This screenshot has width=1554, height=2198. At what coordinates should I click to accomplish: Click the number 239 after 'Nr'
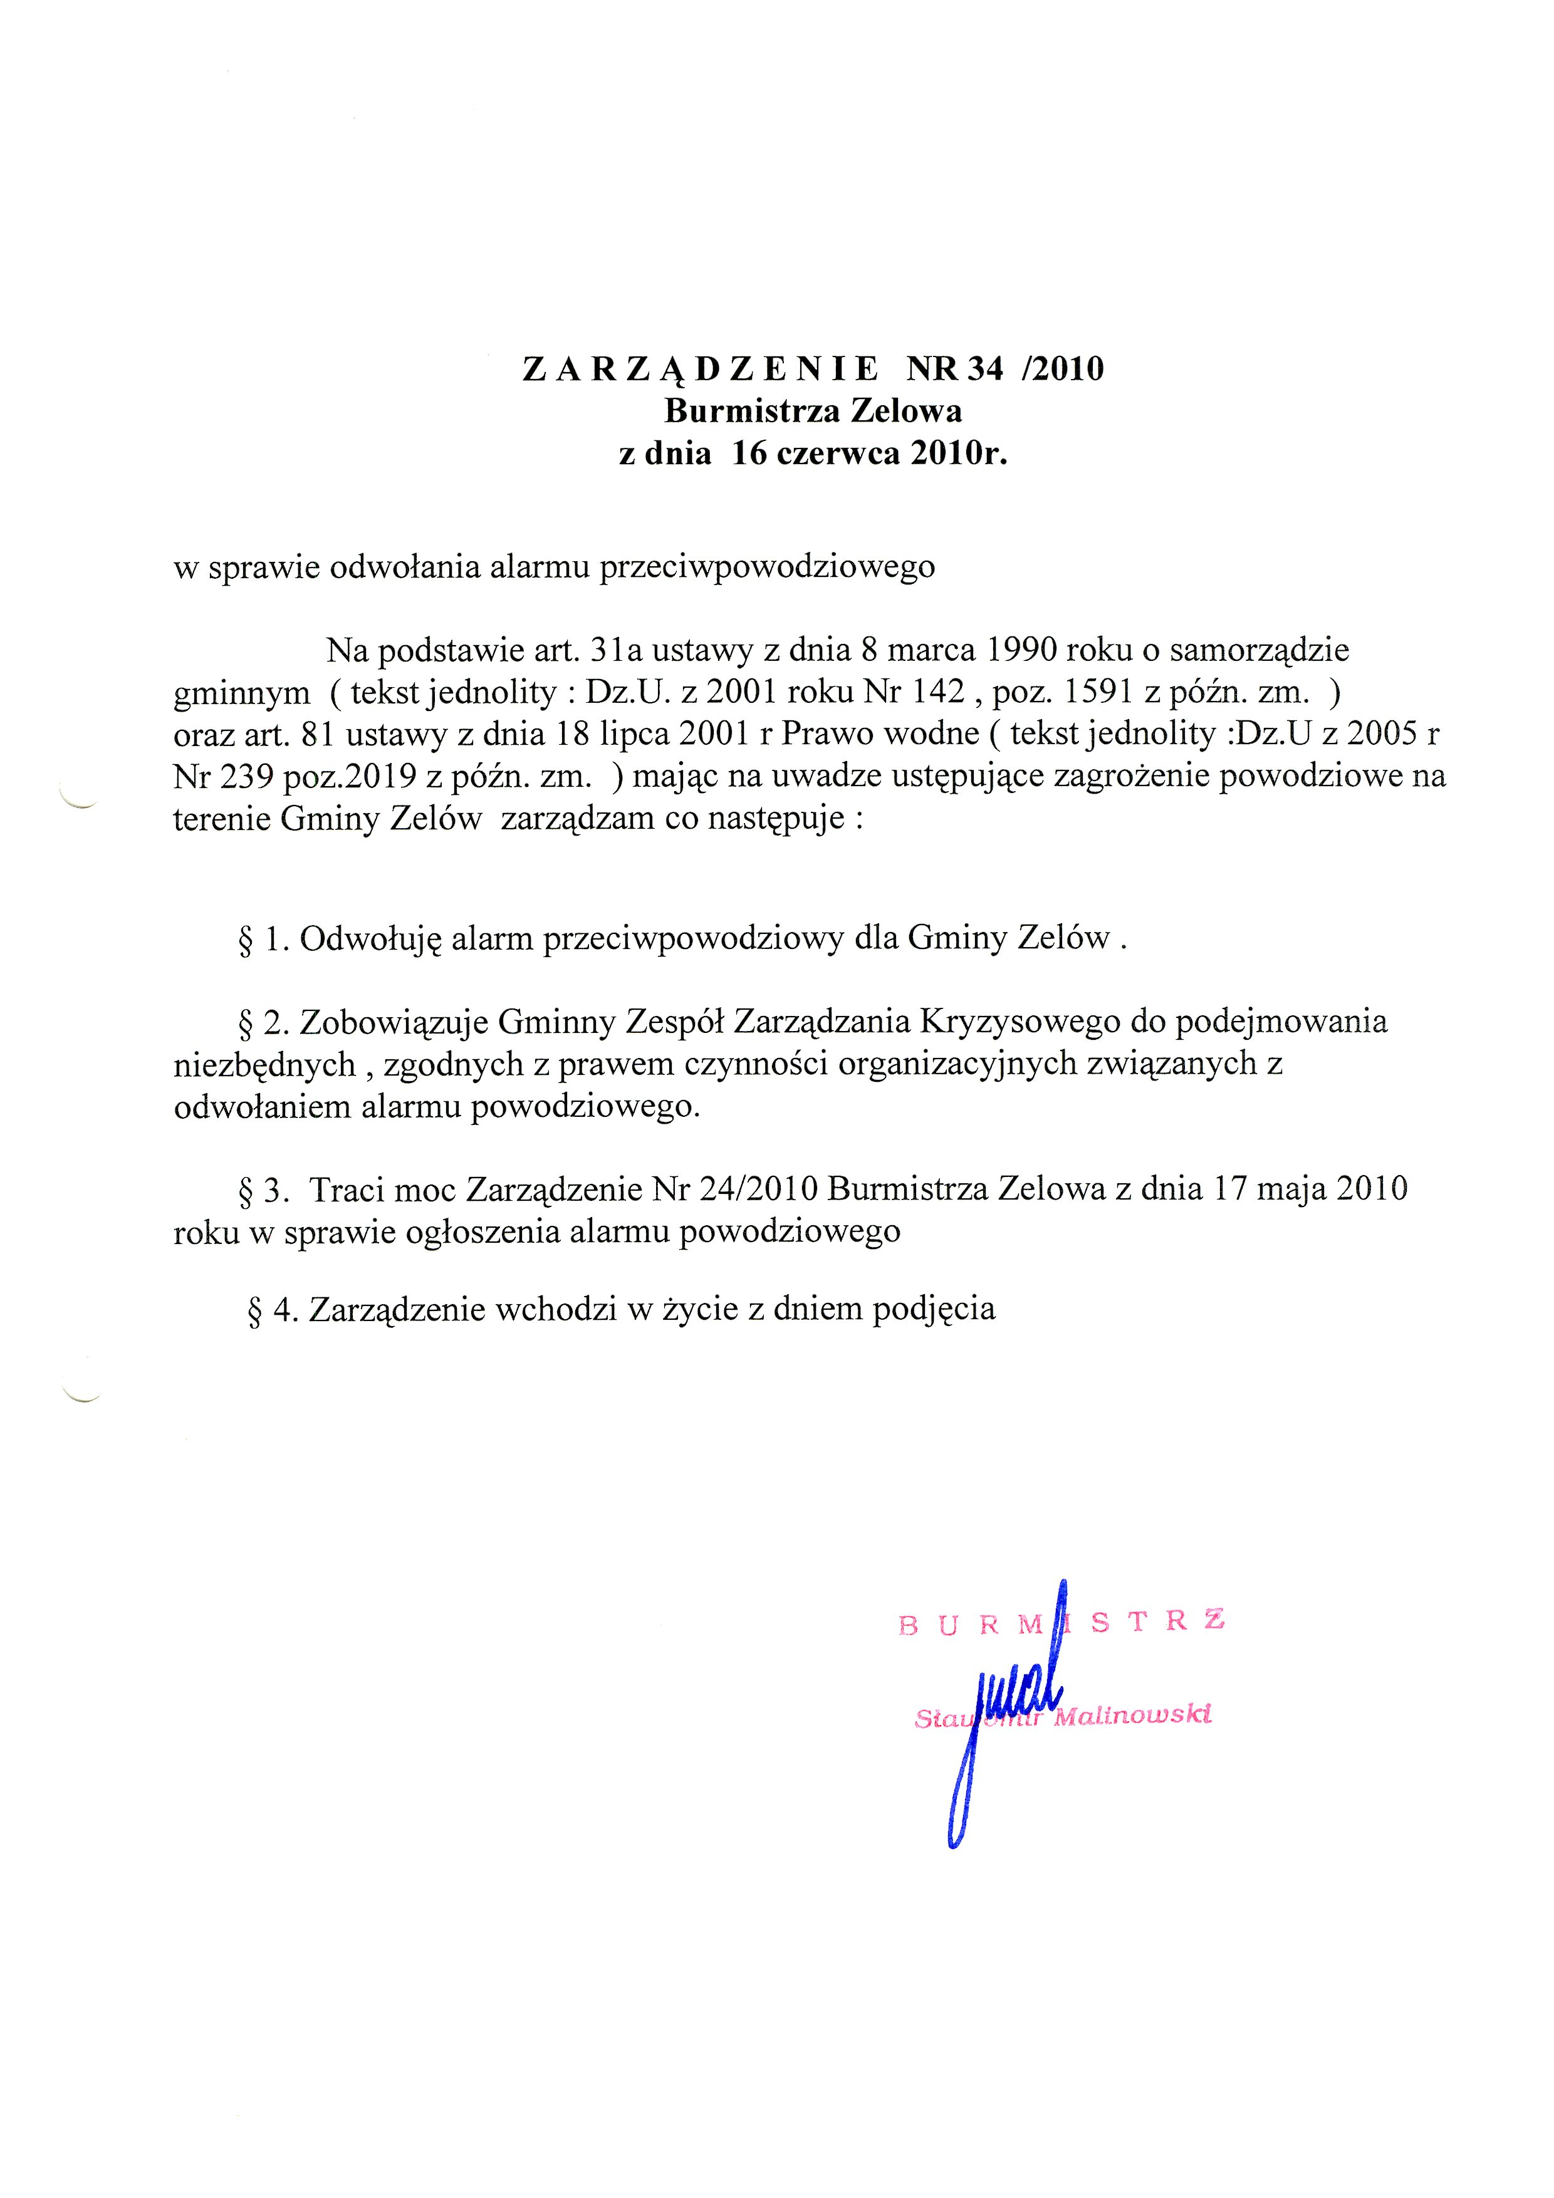click(x=249, y=775)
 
